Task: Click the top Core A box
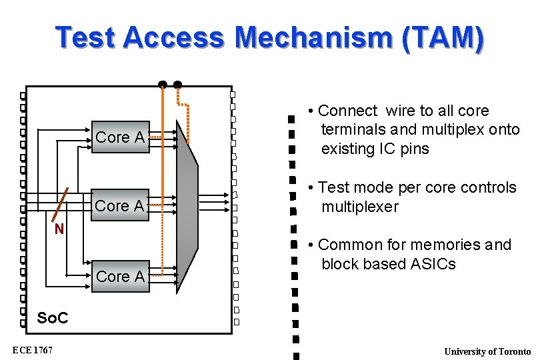click(x=120, y=137)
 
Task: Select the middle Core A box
click(x=120, y=205)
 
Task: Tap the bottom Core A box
click(x=120, y=276)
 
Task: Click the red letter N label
click(x=59, y=230)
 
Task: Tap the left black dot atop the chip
click(x=162, y=85)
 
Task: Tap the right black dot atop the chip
click(x=177, y=85)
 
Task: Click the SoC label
click(x=53, y=318)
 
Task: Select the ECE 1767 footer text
click(x=33, y=350)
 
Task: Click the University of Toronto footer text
click(x=487, y=351)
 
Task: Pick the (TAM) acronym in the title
click(x=443, y=38)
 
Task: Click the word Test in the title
click(x=85, y=38)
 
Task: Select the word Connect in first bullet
click(x=347, y=111)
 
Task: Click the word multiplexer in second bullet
click(x=360, y=207)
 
